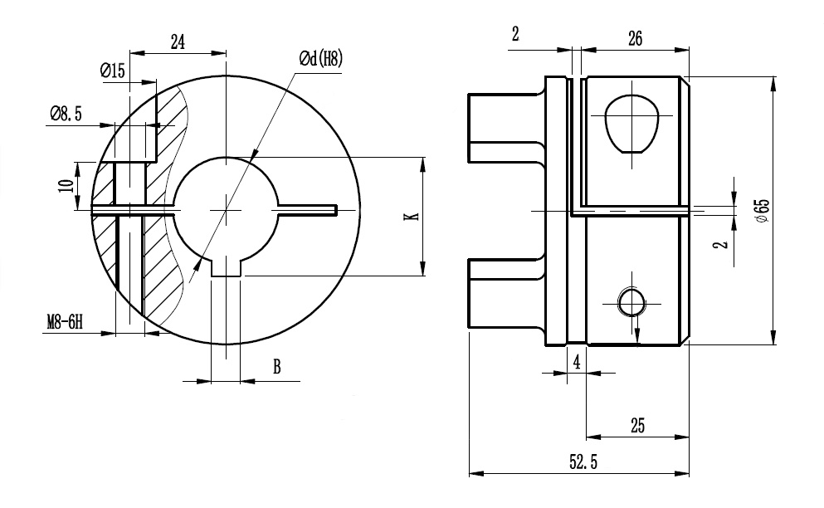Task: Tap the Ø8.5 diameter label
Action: (x=66, y=114)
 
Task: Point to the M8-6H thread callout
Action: (x=65, y=322)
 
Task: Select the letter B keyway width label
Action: (x=277, y=367)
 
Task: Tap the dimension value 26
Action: (x=635, y=38)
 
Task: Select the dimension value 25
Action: (x=637, y=425)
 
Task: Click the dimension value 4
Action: (x=575, y=361)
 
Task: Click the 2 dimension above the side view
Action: (x=515, y=34)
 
